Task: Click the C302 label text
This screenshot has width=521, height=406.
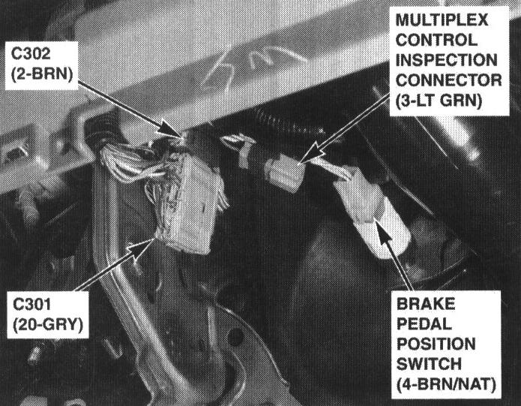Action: (31, 54)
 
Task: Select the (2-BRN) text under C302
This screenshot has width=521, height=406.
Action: (42, 74)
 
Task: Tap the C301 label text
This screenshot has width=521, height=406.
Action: (32, 304)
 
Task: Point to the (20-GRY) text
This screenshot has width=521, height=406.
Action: (48, 325)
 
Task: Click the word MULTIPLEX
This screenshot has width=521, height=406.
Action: (442, 20)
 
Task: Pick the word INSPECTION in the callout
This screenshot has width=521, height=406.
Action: (446, 60)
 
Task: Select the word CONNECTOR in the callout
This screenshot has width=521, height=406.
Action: (448, 80)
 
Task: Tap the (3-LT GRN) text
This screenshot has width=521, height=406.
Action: (439, 101)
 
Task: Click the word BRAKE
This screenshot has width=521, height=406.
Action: (426, 304)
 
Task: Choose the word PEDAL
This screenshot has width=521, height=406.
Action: (424, 323)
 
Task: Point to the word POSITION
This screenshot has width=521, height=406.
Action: (436, 344)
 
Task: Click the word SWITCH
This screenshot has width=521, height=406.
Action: (429, 364)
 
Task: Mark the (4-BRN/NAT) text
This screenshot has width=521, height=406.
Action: (446, 384)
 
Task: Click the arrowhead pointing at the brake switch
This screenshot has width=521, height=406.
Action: (382, 233)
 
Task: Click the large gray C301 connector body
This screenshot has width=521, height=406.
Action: (191, 203)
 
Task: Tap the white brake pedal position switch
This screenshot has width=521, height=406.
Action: (376, 213)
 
